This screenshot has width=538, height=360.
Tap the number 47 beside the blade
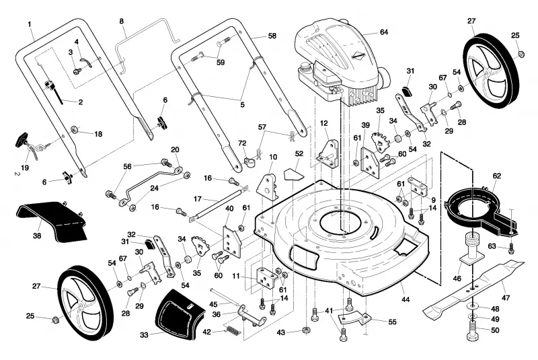(x=506, y=298)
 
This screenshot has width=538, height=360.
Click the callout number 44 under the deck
(x=406, y=299)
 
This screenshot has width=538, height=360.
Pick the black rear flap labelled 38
(x=52, y=219)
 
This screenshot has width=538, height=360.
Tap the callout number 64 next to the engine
(x=383, y=32)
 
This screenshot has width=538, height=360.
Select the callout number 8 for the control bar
(x=122, y=22)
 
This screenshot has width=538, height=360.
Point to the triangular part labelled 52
(x=294, y=174)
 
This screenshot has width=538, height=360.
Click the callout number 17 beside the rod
(x=197, y=199)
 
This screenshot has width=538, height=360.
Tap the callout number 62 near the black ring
(x=497, y=176)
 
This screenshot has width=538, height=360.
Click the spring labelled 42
(x=233, y=331)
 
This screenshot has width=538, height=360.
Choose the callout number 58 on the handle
(x=272, y=36)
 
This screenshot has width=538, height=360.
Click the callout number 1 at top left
(x=30, y=24)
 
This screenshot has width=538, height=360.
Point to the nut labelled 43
(x=306, y=330)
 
